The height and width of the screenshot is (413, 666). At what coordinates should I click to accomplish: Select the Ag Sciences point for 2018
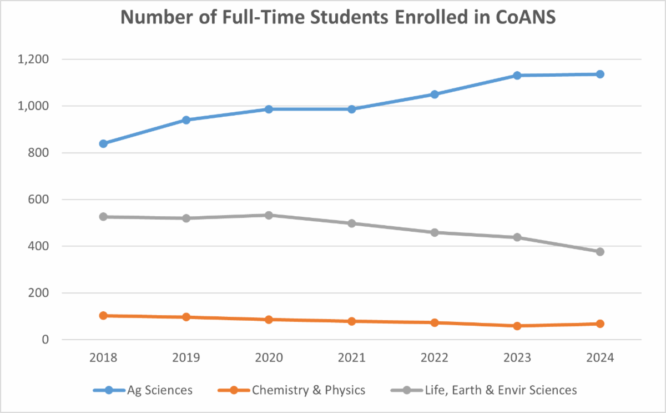point(103,143)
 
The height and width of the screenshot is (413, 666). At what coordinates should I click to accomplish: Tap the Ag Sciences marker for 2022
point(435,94)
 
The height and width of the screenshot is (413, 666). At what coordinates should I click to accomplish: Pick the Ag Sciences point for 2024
point(600,74)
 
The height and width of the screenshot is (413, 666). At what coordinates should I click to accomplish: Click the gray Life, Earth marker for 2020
point(269,215)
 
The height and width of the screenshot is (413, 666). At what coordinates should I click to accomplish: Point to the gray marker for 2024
point(600,252)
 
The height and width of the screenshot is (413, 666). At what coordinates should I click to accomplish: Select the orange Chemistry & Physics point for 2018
point(103,316)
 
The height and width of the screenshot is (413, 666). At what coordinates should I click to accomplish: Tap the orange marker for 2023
point(517,326)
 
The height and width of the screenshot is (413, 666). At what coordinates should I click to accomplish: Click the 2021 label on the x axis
point(351,358)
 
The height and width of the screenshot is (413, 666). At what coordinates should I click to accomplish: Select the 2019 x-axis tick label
point(186,358)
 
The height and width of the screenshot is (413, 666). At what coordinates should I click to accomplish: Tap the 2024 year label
point(600,358)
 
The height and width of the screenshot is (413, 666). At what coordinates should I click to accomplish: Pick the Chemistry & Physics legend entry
point(309,390)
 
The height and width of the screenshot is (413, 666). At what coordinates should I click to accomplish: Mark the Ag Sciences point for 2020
point(269,109)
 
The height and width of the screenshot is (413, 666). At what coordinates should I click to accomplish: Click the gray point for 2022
point(435,232)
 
